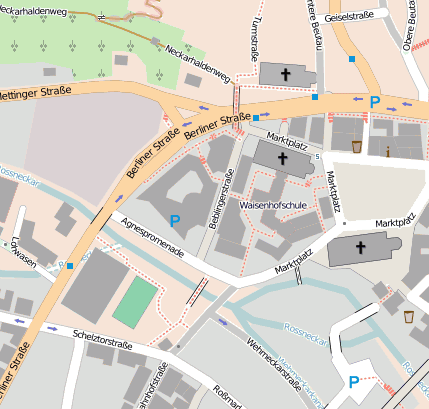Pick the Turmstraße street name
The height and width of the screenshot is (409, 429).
click(258, 34)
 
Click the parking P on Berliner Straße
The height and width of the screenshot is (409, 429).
click(375, 101)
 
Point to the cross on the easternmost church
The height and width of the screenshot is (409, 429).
click(359, 246)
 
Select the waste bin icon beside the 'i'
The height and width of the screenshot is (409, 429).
click(357, 147)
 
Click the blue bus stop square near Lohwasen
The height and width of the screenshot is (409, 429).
click(70, 266)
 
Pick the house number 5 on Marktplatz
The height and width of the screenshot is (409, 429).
click(317, 155)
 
